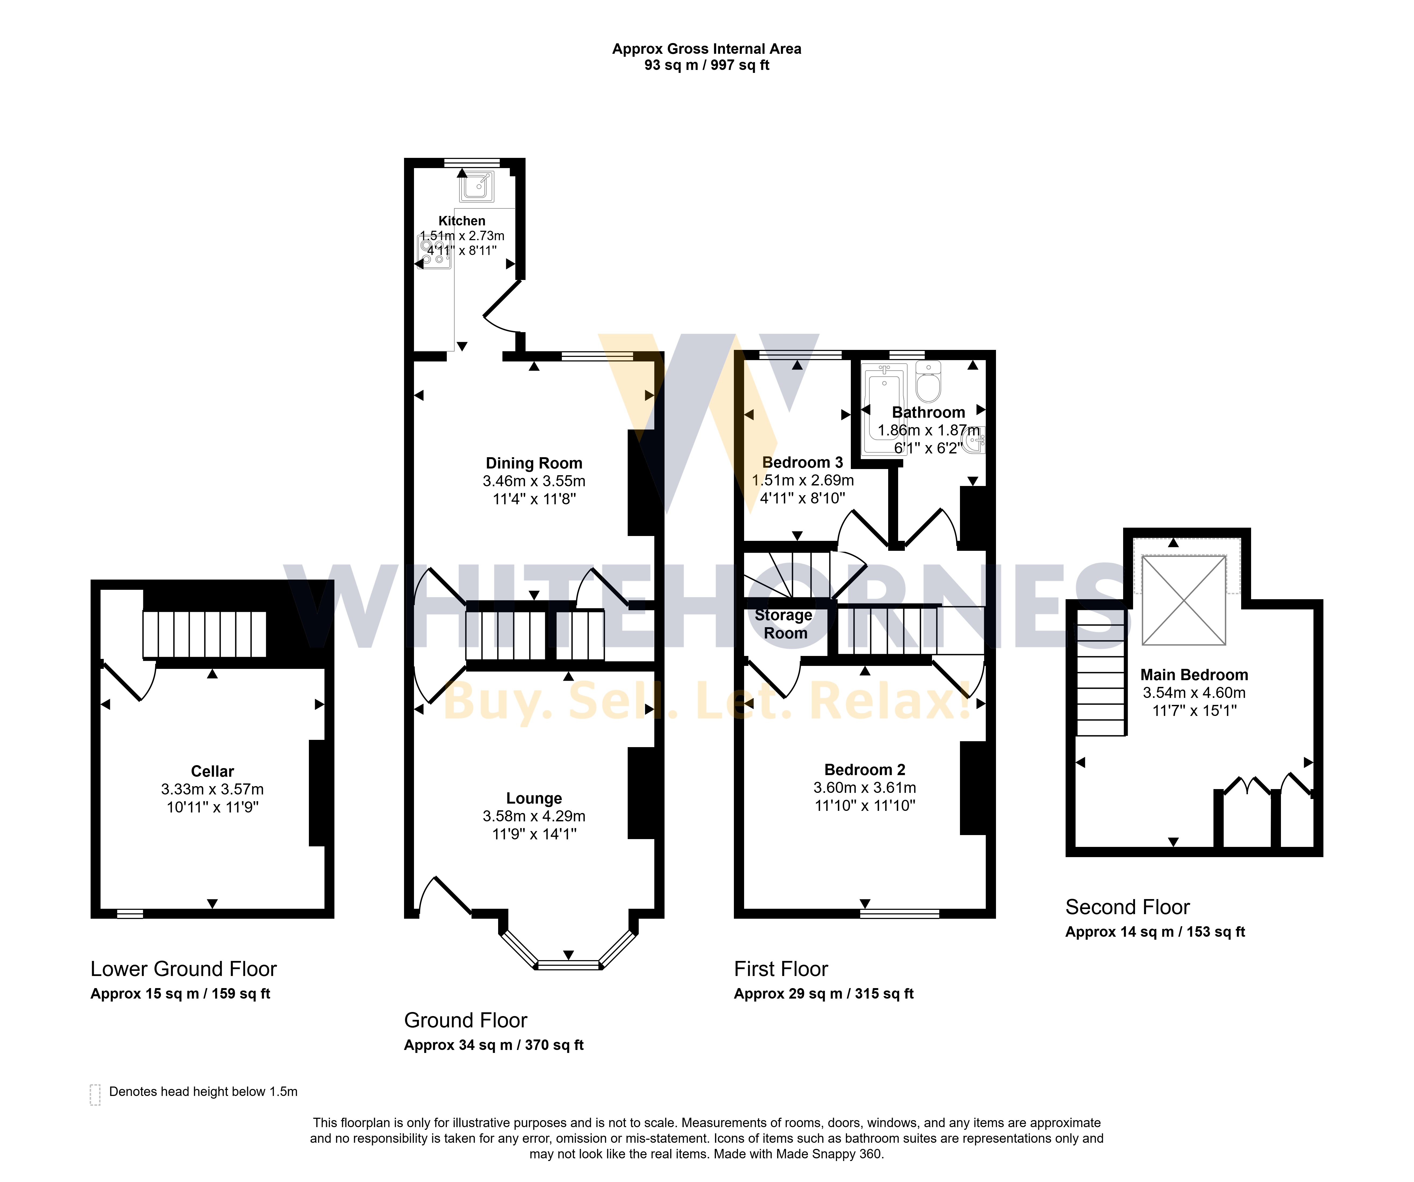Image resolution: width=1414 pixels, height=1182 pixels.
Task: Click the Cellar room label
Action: coord(212,771)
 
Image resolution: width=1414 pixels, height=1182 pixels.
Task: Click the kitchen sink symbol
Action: coord(477,186)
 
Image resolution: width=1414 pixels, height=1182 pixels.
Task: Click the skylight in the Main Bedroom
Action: coord(1184,599)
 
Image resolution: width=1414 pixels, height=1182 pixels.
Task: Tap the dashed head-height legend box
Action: coord(95,1094)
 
